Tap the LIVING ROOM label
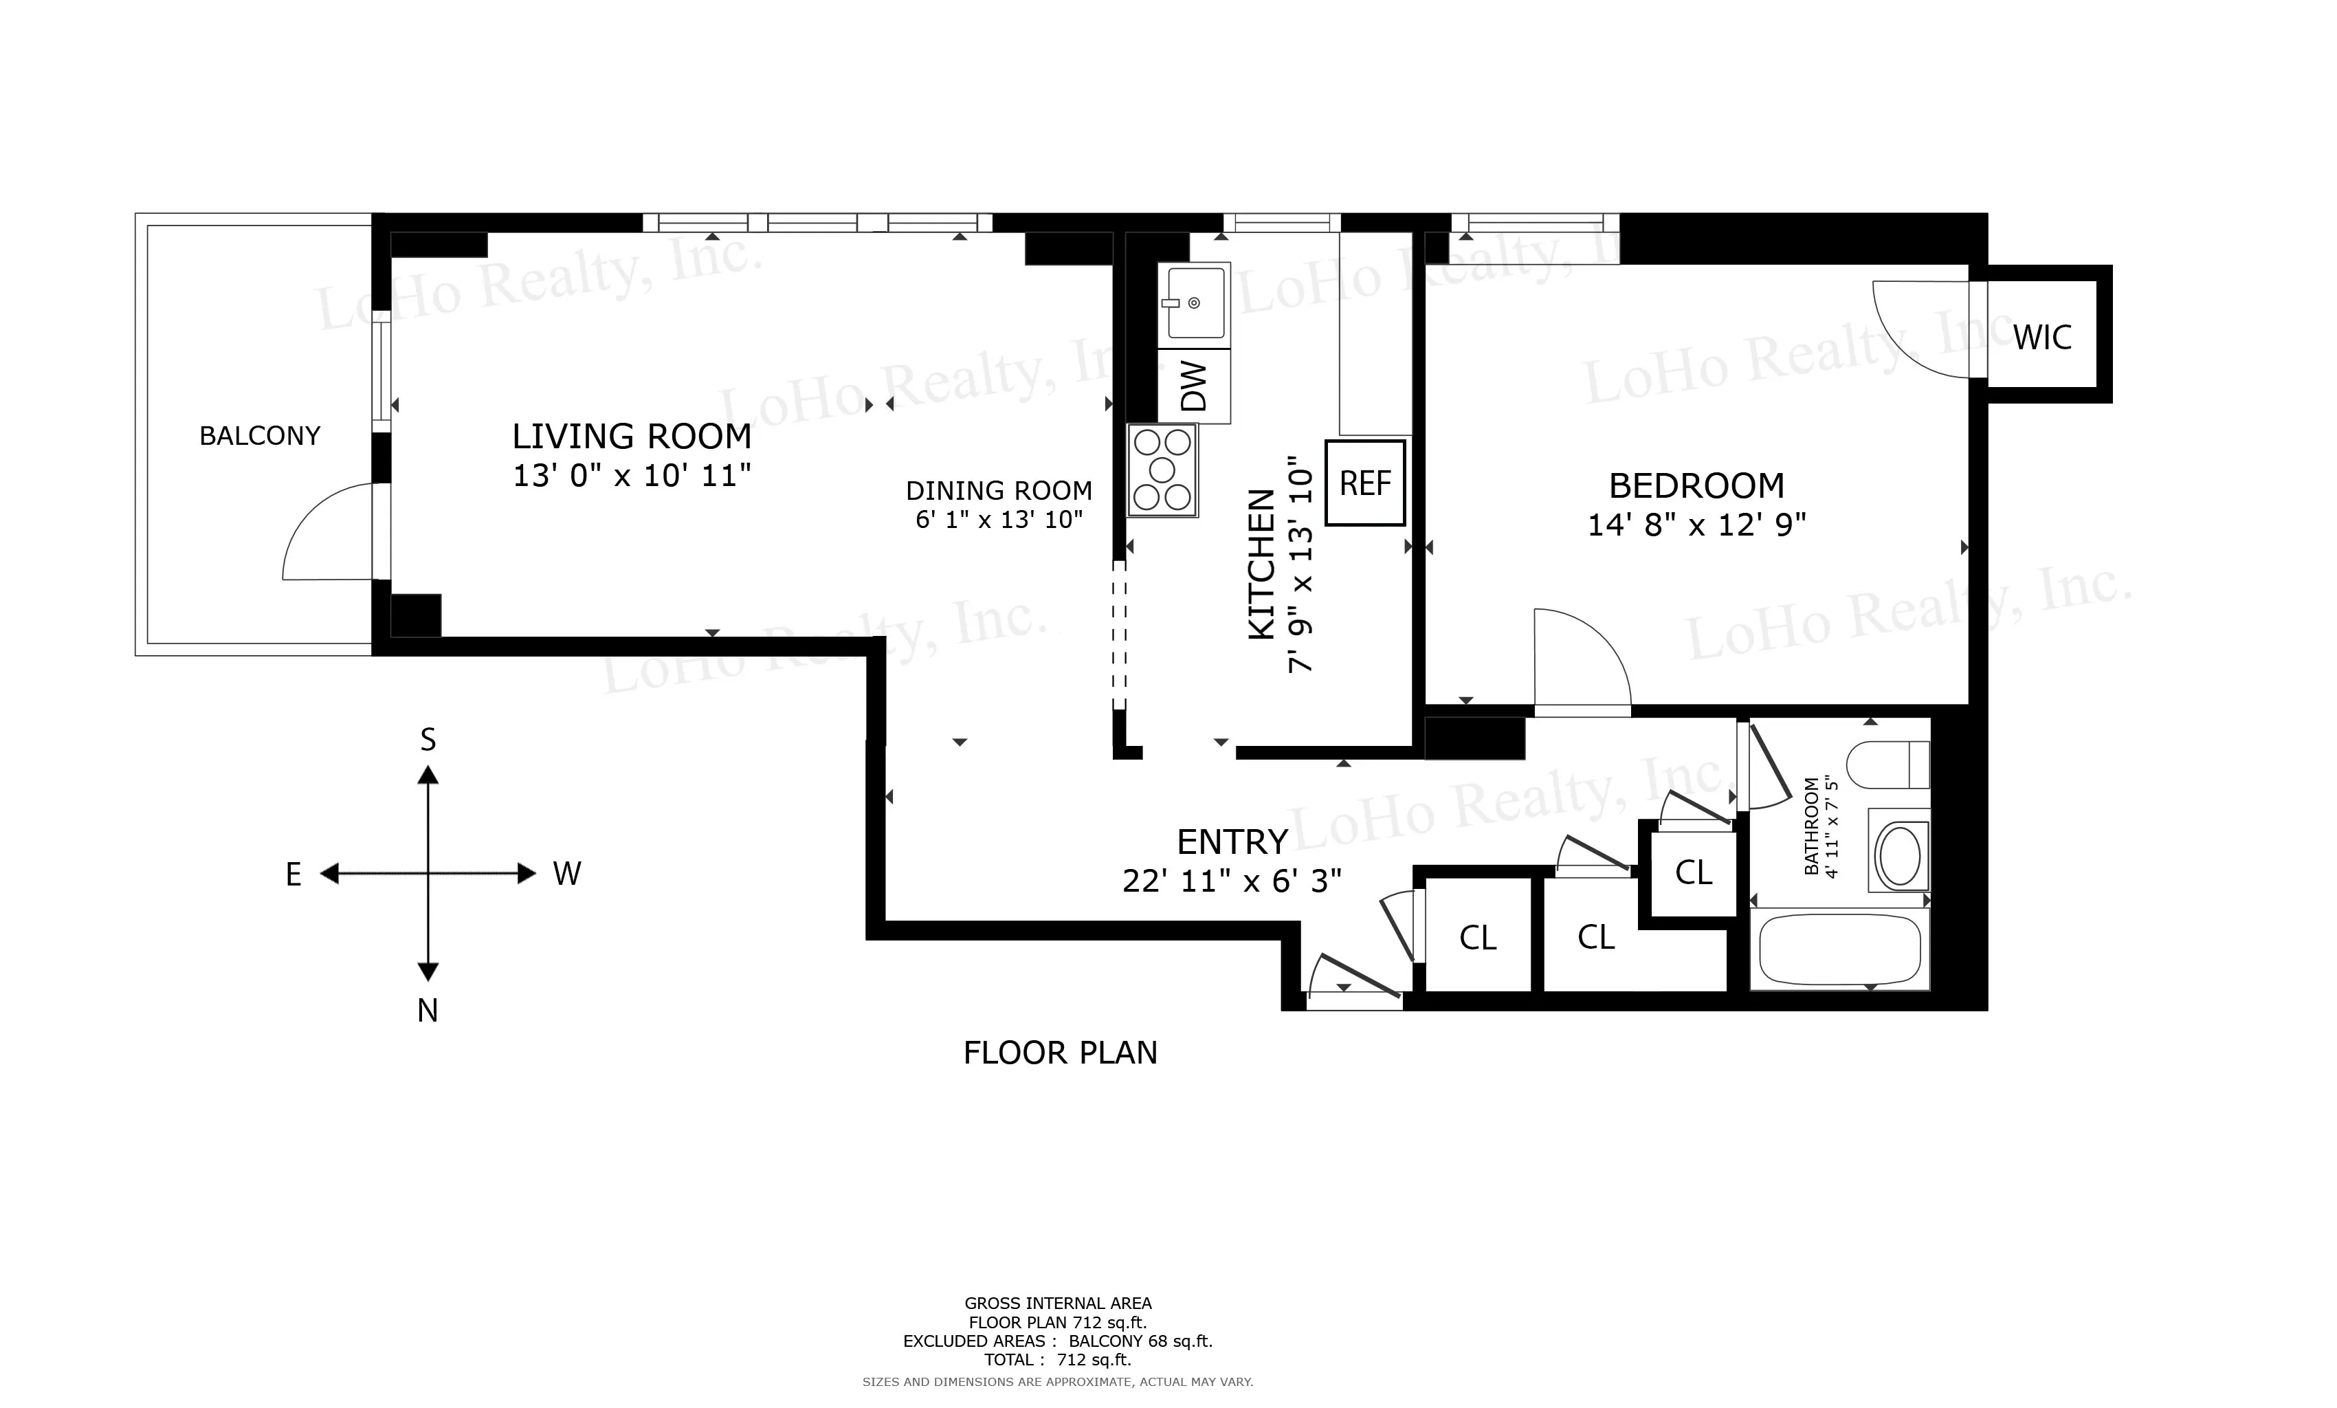click(x=632, y=437)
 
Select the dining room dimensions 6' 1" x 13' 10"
click(x=999, y=520)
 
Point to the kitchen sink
click(x=1194, y=302)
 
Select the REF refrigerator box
click(x=1365, y=483)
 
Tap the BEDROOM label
click(x=1696, y=486)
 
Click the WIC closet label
click(x=2042, y=338)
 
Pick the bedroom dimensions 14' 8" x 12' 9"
click(x=1696, y=525)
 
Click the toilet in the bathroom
click(x=1887, y=764)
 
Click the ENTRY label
click(x=1231, y=841)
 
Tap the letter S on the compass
click(x=428, y=740)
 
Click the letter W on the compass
click(x=566, y=874)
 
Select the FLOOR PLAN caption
click(x=1059, y=1053)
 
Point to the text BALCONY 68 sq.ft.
click(x=1140, y=1341)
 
